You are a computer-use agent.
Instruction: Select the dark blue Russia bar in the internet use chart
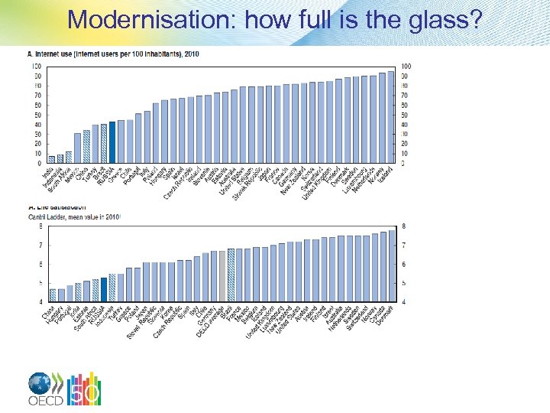[112, 142]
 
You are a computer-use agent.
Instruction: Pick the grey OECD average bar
[222, 275]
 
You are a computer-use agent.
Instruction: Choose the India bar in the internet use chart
[51, 160]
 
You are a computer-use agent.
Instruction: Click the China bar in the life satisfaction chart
[53, 295]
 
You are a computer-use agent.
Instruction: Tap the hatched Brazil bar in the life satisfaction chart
[230, 275]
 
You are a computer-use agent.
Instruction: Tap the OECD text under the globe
[45, 402]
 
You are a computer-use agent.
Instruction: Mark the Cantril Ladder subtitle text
[73, 217]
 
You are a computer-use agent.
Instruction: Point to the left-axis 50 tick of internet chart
[37, 115]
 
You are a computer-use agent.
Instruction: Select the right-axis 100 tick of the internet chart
[405, 67]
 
